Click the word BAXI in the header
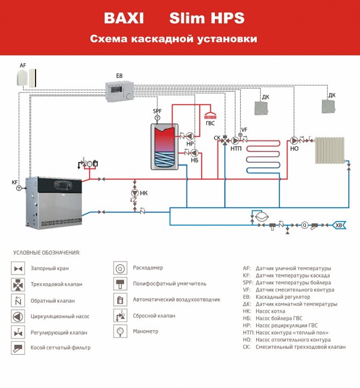[x=125, y=18]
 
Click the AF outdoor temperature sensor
[x=24, y=78]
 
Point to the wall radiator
[x=329, y=150]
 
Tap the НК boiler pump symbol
[x=135, y=193]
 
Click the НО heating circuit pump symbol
[x=294, y=139]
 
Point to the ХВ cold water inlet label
[x=340, y=225]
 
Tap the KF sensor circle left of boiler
[x=19, y=189]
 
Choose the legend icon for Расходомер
[x=120, y=268]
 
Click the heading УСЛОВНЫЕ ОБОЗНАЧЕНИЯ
[x=47, y=252]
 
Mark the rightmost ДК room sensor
[x=328, y=106]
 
